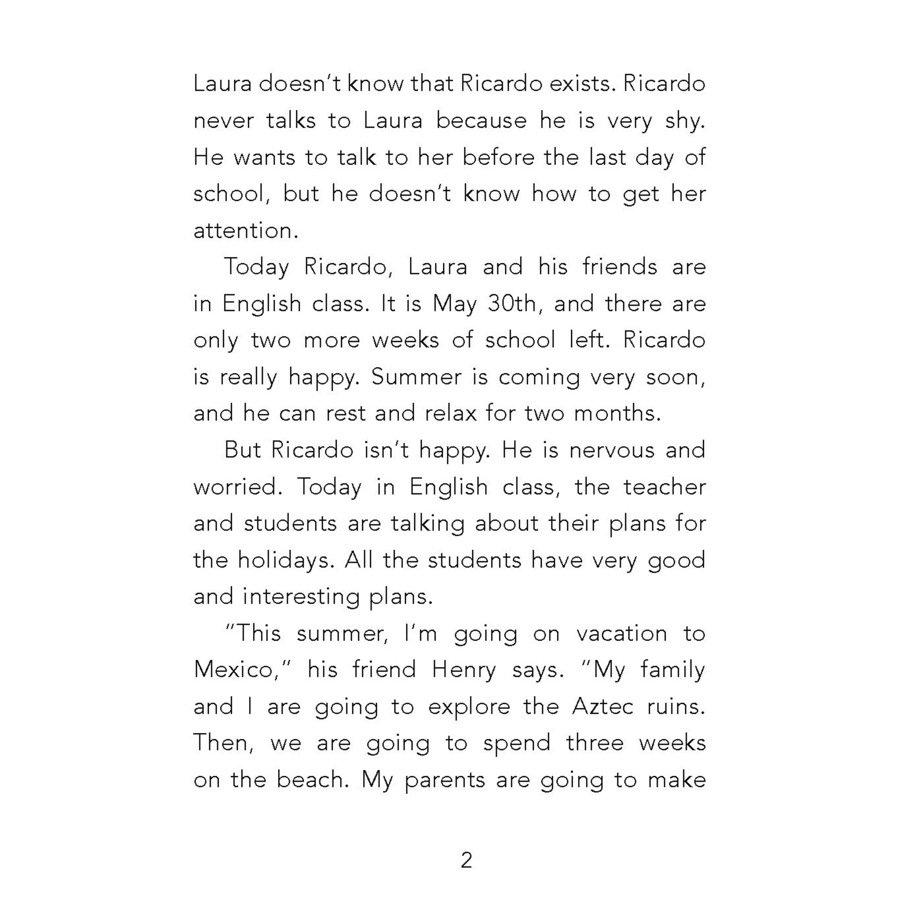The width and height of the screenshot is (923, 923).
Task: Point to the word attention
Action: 245,231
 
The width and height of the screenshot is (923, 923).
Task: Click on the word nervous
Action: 611,450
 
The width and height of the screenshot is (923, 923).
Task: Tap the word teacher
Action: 665,487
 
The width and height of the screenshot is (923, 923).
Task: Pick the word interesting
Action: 301,597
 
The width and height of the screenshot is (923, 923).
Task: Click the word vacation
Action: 622,634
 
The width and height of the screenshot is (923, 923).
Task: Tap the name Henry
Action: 464,670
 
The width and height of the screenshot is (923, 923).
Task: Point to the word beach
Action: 313,780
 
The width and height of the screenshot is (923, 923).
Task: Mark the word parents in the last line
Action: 445,780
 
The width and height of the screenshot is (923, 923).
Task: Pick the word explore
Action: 469,707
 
